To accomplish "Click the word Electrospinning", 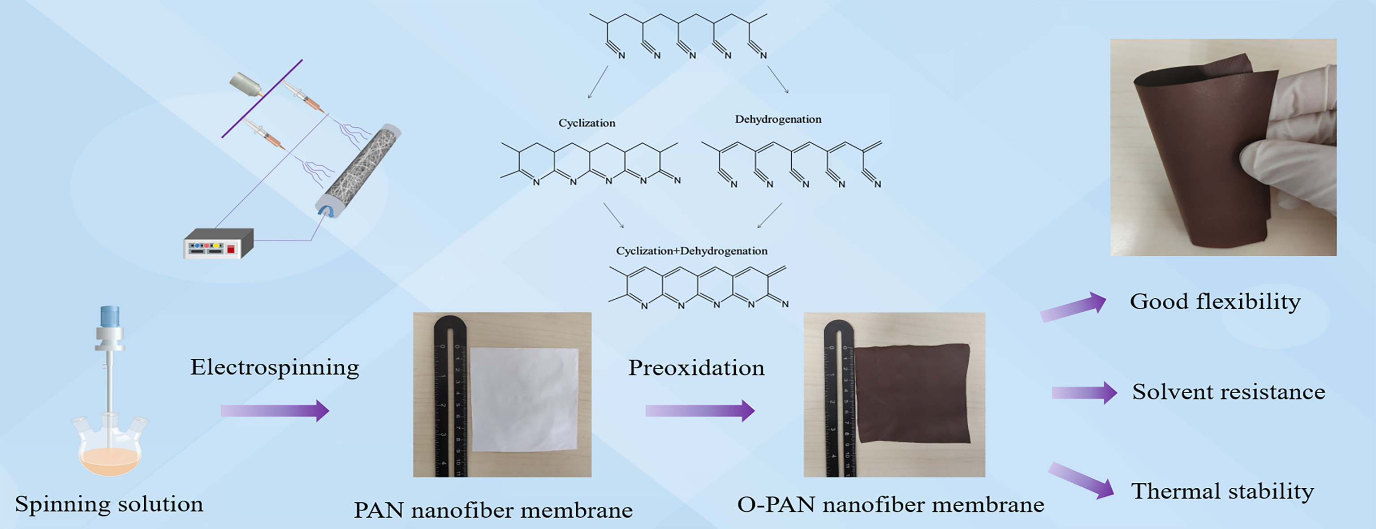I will (x=275, y=368).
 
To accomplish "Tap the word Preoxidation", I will (x=696, y=368).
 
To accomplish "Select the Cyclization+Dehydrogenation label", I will (x=692, y=251).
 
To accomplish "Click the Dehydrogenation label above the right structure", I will (x=778, y=119).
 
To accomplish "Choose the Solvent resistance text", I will (x=1229, y=392).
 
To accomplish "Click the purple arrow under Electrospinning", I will (x=275, y=410).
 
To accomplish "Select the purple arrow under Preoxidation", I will (x=700, y=410).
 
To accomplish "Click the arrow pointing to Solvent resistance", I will (x=1084, y=393).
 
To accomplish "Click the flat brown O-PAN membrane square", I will (x=912, y=392).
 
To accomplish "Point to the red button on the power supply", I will (x=231, y=249).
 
